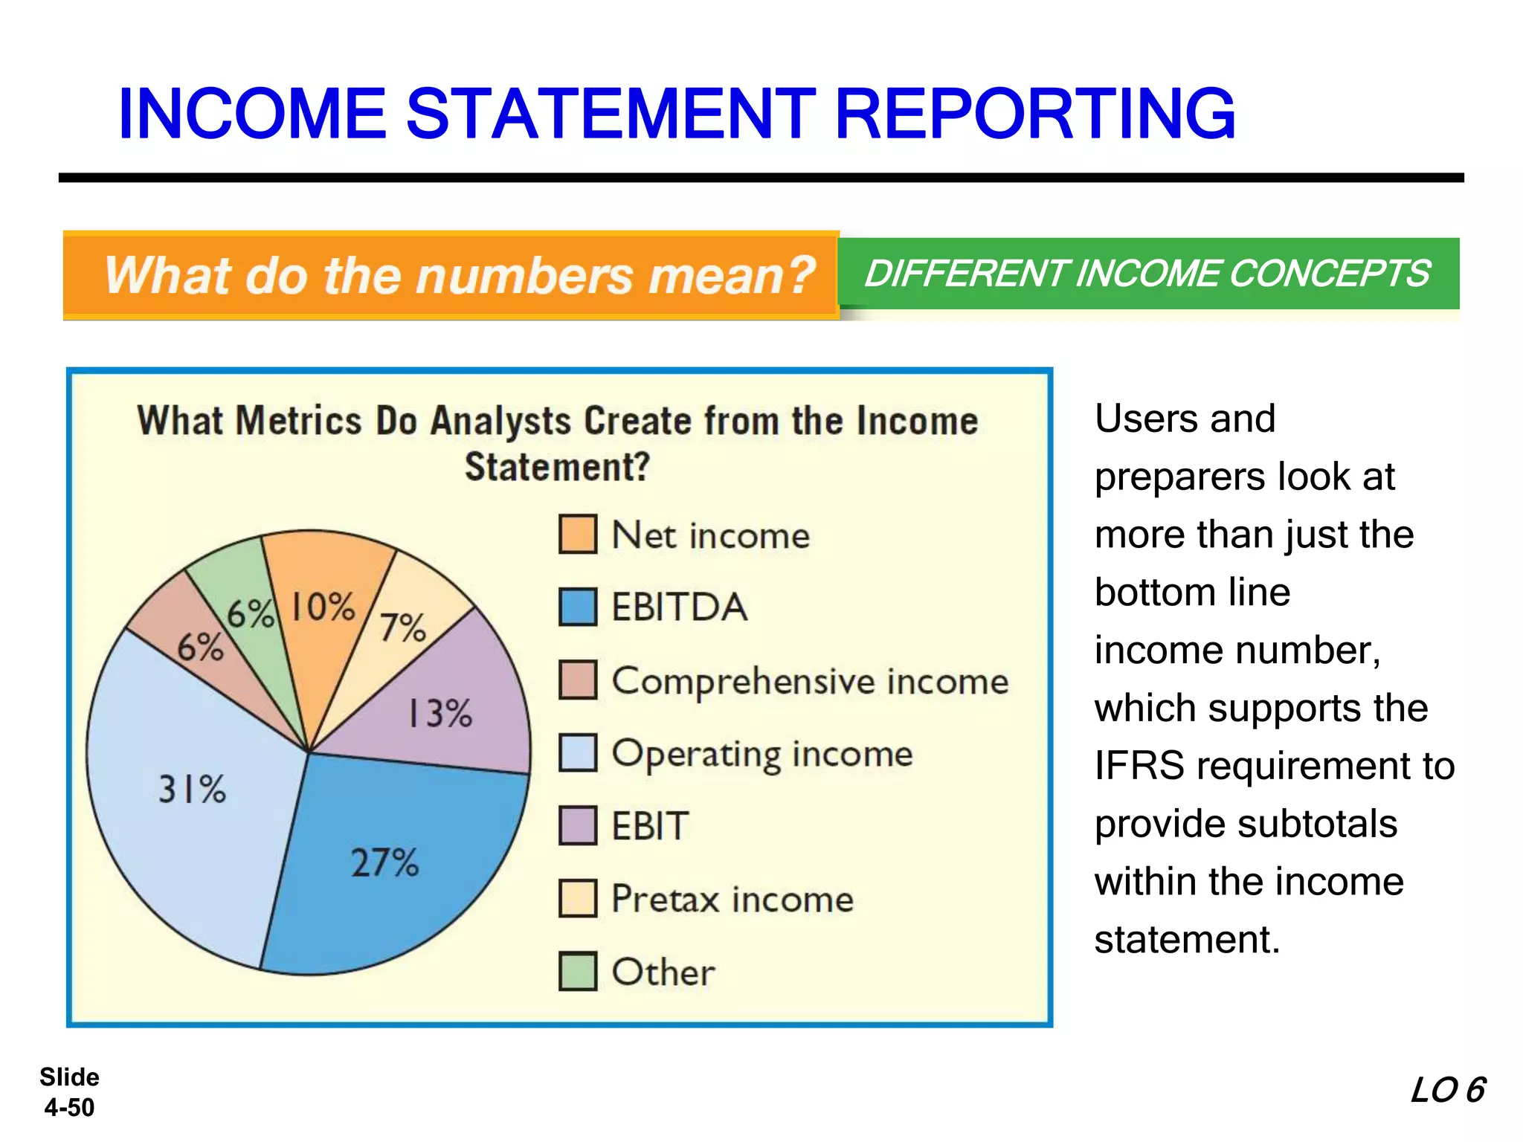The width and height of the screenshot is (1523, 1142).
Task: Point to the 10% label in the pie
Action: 323,607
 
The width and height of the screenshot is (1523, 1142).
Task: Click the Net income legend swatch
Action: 578,535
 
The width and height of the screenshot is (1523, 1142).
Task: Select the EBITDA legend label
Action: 679,607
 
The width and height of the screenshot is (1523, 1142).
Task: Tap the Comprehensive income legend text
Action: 810,681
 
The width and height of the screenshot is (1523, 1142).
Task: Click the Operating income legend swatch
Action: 578,752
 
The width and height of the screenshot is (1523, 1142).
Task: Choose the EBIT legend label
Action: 650,826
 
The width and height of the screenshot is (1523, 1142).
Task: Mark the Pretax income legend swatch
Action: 578,898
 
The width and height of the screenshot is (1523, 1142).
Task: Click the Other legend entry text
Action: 663,972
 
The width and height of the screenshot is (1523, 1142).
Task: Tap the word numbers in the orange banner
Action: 524,275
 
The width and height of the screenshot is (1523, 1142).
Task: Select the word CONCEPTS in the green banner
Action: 1329,273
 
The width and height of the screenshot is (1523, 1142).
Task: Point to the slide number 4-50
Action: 69,1107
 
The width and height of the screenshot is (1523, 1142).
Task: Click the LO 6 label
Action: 1447,1090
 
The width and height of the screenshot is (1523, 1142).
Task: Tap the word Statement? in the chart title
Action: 557,468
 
